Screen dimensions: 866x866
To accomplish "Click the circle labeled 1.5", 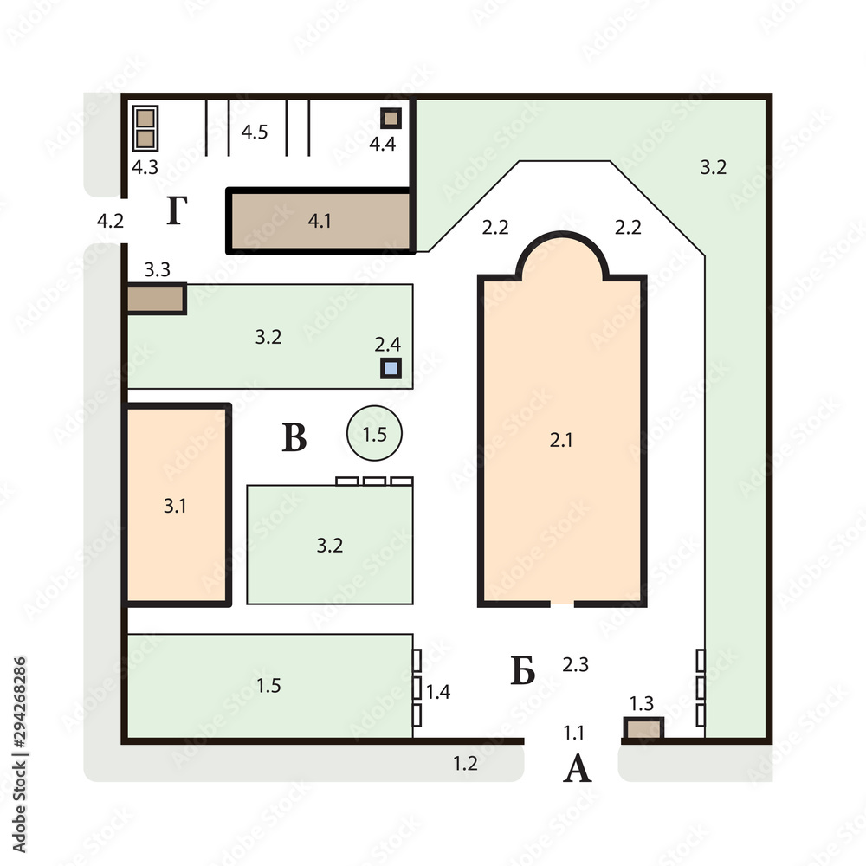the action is pyautogui.click(x=374, y=433).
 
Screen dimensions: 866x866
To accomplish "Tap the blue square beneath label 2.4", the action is pyautogui.click(x=391, y=368).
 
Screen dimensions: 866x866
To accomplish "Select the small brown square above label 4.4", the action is pyautogui.click(x=391, y=118).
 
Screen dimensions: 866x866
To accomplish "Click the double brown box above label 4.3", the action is pyautogui.click(x=145, y=128).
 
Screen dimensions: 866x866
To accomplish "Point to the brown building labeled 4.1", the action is pyautogui.click(x=320, y=221).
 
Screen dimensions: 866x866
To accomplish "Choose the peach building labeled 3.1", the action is pyautogui.click(x=176, y=505).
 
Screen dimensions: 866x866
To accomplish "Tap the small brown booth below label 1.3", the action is pyautogui.click(x=644, y=728).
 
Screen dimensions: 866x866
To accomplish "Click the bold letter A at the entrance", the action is pyautogui.click(x=577, y=768).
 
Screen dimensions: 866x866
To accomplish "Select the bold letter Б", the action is pyautogui.click(x=522, y=670).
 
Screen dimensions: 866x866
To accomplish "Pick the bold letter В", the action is pyautogui.click(x=294, y=437).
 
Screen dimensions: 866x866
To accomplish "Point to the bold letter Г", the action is pyautogui.click(x=177, y=210).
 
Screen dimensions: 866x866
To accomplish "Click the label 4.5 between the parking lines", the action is pyautogui.click(x=255, y=132).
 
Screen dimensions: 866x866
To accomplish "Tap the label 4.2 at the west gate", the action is pyautogui.click(x=111, y=221).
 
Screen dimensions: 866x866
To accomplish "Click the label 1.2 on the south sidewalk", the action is pyautogui.click(x=465, y=763).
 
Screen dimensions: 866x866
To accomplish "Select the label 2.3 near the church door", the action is pyautogui.click(x=576, y=664).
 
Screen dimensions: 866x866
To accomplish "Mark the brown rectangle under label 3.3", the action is pyautogui.click(x=157, y=299).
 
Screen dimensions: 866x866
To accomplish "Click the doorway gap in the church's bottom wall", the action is pyautogui.click(x=562, y=604).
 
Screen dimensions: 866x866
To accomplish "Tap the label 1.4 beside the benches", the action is pyautogui.click(x=438, y=691).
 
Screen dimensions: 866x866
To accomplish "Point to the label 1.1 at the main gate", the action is pyautogui.click(x=573, y=733).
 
